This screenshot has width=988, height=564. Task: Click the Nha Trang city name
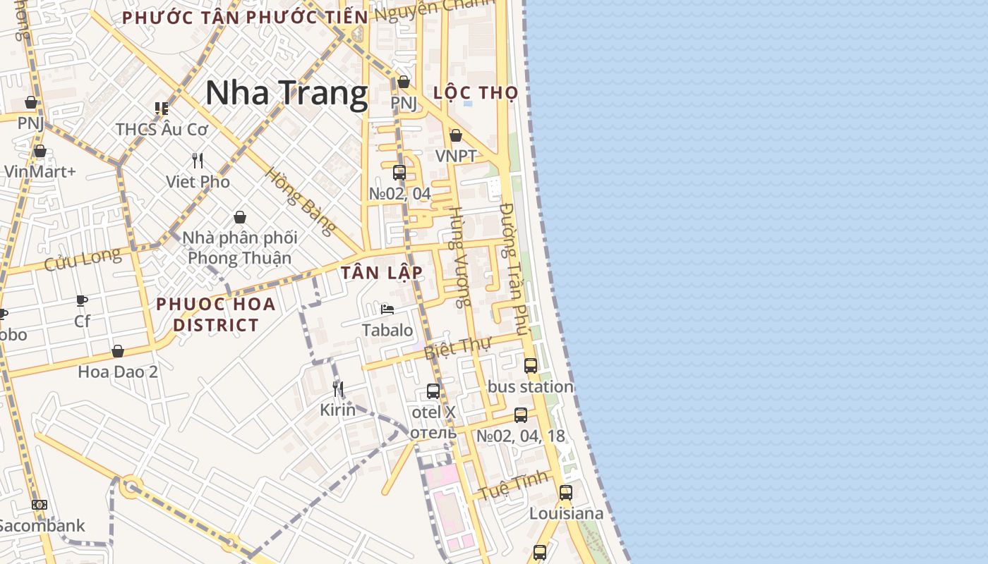click(x=287, y=93)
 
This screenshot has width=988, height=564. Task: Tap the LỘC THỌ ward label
click(x=475, y=92)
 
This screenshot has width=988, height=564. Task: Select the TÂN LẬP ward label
click(x=382, y=273)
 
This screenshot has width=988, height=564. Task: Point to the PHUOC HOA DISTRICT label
click(x=216, y=314)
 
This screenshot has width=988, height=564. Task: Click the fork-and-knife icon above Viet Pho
click(x=198, y=161)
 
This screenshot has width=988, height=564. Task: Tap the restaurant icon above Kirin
click(x=338, y=388)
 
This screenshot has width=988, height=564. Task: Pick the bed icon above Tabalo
click(x=387, y=309)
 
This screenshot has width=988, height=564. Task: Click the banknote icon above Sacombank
click(x=40, y=505)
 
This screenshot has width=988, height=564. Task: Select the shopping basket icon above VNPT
click(x=456, y=135)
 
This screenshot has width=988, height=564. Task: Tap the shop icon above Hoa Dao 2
click(x=118, y=351)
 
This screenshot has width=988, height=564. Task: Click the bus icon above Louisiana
click(x=565, y=492)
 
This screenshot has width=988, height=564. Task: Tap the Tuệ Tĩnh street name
click(x=513, y=485)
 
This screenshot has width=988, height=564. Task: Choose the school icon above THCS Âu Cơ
click(x=162, y=109)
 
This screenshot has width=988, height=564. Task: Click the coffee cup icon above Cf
click(x=82, y=301)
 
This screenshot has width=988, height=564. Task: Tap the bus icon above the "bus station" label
click(x=531, y=365)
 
